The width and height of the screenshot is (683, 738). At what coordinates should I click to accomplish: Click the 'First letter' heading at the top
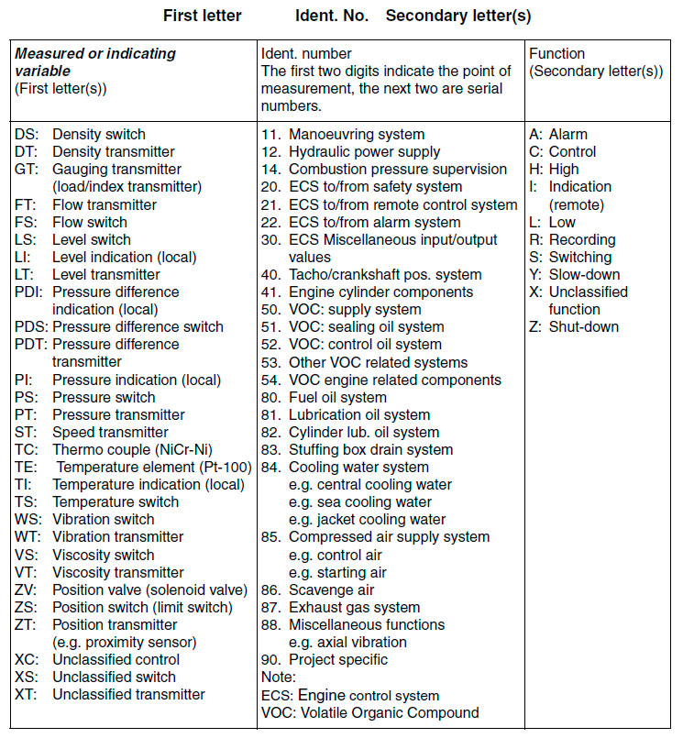coord(202,16)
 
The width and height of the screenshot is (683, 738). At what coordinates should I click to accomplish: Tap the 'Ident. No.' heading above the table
coord(332,16)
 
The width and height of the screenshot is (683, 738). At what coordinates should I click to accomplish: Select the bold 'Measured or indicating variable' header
coord(95,62)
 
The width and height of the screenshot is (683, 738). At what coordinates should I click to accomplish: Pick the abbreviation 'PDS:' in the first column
coord(30,327)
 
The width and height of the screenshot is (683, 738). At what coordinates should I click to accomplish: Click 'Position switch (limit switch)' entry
coord(142,607)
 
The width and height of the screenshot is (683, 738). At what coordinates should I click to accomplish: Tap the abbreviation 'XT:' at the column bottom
coord(27,694)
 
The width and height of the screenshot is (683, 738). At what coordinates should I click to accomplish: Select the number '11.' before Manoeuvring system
coord(270,135)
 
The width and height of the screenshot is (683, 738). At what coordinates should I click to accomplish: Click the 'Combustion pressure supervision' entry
coord(398,170)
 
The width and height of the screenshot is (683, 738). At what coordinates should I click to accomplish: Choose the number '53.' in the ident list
coord(270,362)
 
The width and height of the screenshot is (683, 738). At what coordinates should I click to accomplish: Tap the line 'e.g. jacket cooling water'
coord(367,519)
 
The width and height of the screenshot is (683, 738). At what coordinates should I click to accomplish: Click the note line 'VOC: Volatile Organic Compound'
coord(370,712)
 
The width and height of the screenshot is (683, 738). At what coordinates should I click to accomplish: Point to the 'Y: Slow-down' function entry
coord(574,274)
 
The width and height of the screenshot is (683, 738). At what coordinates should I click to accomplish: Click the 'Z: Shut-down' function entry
coord(574,326)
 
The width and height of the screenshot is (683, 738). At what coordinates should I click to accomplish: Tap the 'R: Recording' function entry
coord(572,239)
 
